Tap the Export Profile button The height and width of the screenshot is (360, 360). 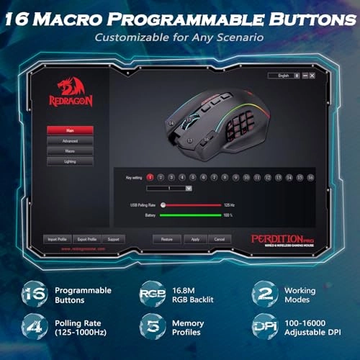point(87,238)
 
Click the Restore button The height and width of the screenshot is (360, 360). point(166,238)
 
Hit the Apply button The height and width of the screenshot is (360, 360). point(194,238)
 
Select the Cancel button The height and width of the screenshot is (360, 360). point(220,238)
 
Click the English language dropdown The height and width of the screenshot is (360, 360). point(282,75)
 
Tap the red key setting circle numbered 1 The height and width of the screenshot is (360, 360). point(150,176)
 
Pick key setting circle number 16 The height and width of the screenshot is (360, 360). point(310,176)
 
